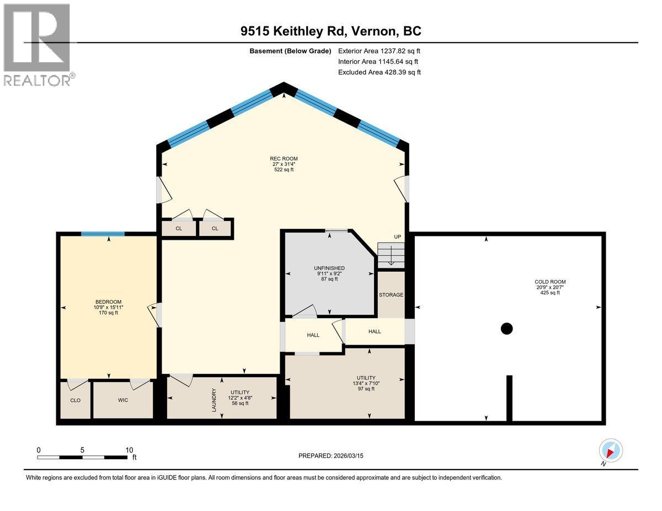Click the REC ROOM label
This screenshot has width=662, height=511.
(x=284, y=159)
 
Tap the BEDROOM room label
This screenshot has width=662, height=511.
(x=108, y=302)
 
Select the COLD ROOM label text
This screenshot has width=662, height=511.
(x=550, y=282)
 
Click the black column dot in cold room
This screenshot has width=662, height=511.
(x=506, y=329)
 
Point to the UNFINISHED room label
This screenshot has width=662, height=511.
(x=329, y=268)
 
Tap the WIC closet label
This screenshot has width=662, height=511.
(x=122, y=400)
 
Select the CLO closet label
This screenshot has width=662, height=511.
(x=75, y=400)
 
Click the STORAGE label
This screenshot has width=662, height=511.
(x=391, y=295)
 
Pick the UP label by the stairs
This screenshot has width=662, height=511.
(x=397, y=237)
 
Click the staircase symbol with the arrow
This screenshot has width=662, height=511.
(x=391, y=255)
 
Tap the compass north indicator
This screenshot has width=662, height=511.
(x=610, y=450)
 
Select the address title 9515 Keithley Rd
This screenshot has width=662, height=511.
(x=330, y=31)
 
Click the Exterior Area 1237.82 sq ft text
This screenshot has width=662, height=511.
(x=380, y=51)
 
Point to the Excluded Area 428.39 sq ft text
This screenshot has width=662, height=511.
(x=380, y=72)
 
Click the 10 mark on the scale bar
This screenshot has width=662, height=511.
(x=129, y=450)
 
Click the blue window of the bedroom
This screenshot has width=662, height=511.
(x=103, y=234)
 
